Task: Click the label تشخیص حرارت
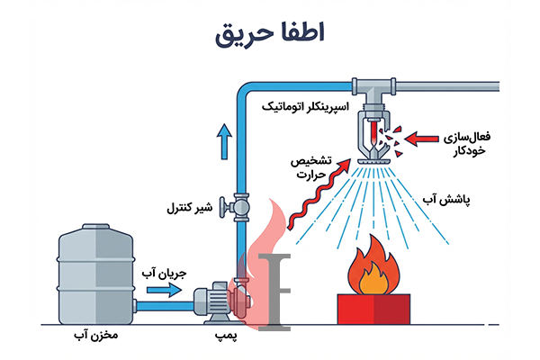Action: click(307, 167)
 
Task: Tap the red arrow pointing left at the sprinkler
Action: click(423, 138)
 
